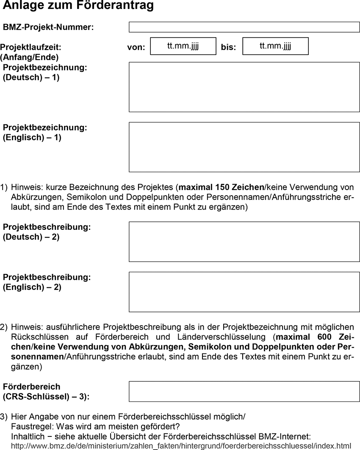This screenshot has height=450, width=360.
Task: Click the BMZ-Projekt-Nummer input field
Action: [x=244, y=27]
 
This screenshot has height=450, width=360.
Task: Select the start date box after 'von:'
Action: [x=183, y=46]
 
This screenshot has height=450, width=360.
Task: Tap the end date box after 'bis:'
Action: [x=275, y=46]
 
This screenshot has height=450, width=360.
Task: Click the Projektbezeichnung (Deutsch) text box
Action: [x=244, y=87]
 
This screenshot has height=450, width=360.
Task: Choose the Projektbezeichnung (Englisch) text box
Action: [x=244, y=147]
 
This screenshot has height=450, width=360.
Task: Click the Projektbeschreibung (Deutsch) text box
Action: [x=244, y=241]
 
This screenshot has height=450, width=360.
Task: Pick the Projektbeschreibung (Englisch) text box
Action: [x=244, y=292]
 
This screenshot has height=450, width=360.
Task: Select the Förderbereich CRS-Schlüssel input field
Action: [x=244, y=391]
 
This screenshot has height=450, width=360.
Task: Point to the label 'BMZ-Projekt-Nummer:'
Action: [x=48, y=28]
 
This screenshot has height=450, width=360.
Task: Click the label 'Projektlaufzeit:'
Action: [x=31, y=47]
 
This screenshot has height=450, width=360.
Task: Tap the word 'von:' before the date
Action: [x=136, y=47]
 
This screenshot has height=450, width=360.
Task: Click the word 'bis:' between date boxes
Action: [x=229, y=47]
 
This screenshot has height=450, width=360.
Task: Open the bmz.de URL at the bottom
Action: [x=181, y=446]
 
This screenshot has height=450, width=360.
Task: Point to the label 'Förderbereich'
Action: [x=32, y=387]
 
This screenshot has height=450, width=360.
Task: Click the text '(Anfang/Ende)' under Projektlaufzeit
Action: [x=30, y=57]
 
